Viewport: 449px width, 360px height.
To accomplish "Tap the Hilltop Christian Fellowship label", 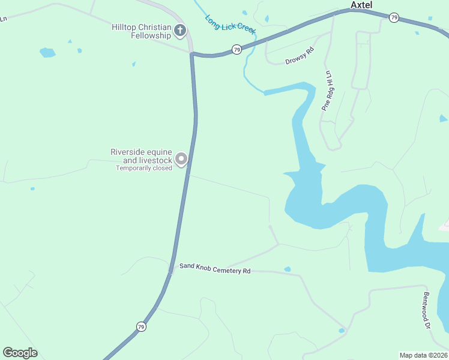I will (x=141, y=31).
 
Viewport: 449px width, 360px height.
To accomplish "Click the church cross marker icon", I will (x=179, y=30).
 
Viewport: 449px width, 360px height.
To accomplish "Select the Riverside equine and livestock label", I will (x=141, y=156).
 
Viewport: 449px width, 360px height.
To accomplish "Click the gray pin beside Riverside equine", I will (x=181, y=159).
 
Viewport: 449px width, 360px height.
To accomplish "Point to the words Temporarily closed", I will (x=144, y=168).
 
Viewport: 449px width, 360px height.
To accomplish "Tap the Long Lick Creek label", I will (x=231, y=24).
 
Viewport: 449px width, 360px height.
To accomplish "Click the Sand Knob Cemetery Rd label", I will (x=214, y=269).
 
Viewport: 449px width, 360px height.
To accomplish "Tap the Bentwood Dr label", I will (x=427, y=310).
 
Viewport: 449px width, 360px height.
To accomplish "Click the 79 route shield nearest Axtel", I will (x=394, y=17).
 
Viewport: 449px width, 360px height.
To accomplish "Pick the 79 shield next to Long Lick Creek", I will (x=237, y=49).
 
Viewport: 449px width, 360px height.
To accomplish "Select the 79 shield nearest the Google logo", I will (x=141, y=326).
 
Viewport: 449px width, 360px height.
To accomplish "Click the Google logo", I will (x=20, y=353).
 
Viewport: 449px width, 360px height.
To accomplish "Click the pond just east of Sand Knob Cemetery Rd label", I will (x=287, y=269).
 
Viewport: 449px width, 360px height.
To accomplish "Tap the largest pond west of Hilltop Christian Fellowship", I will (x=47, y=52).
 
